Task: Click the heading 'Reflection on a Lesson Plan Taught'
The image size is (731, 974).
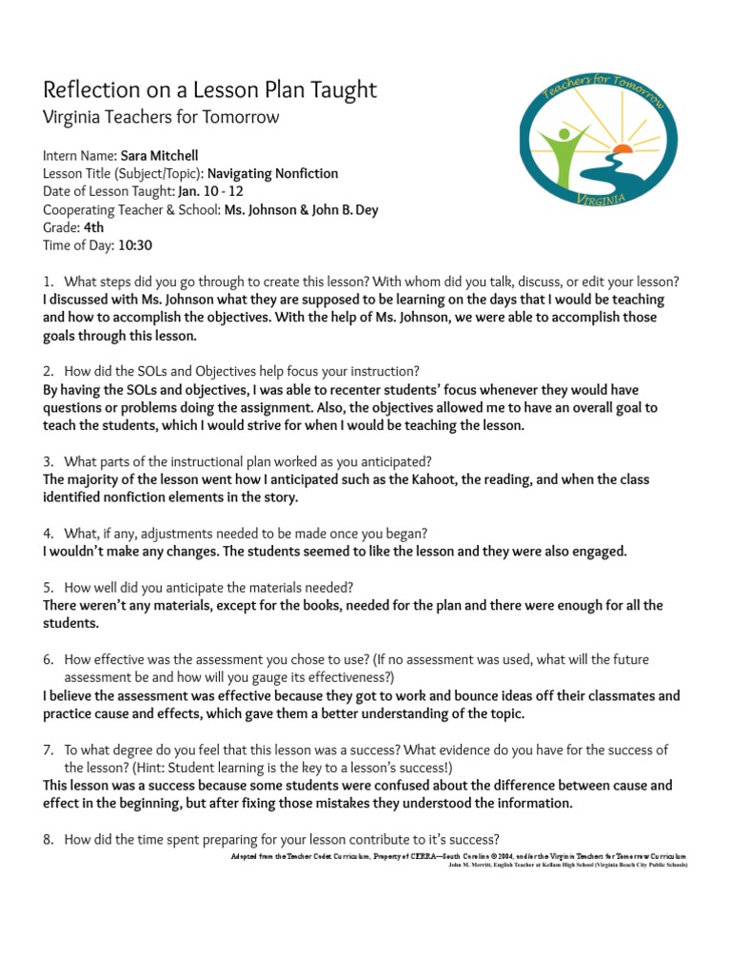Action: [x=209, y=90]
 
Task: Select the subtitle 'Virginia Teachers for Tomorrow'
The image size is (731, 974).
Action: [x=161, y=118]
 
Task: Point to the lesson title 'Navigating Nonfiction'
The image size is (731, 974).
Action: [x=272, y=173]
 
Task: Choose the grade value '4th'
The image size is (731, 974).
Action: [x=94, y=227]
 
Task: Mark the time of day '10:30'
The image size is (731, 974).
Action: [x=135, y=245]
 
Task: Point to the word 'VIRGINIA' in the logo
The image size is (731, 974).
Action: [x=601, y=198]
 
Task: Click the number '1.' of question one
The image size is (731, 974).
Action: [x=49, y=282]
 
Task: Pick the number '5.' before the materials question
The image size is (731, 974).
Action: [x=49, y=587]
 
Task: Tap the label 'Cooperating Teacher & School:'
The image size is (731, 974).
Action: [x=132, y=209]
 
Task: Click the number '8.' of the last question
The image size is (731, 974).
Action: [x=49, y=839]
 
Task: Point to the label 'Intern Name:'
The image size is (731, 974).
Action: [x=80, y=155]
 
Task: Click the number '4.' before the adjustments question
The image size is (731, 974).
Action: [x=49, y=534]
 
